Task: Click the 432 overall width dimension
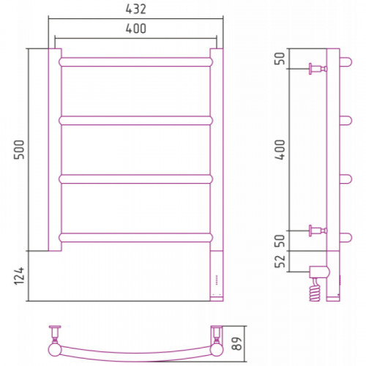[x=136, y=10]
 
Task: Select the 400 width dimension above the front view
[x=136, y=29]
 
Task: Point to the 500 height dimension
[x=20, y=149]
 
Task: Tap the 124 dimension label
[x=20, y=276]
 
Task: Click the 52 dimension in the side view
[x=280, y=261]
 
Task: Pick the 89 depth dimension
[x=236, y=343]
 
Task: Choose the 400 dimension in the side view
[x=280, y=149]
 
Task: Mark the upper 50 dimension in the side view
[x=280, y=59]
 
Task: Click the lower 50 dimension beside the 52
[x=280, y=241]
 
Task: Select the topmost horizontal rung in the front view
[x=136, y=62]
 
